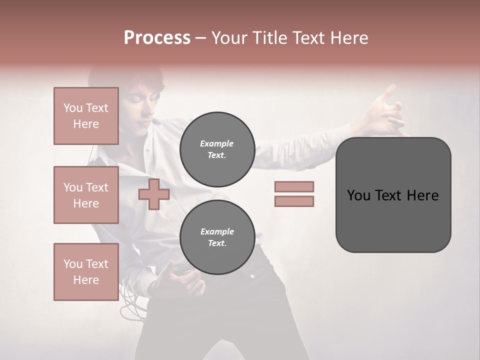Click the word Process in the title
point(157,38)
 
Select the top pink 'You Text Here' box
point(86,116)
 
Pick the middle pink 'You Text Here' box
point(86,195)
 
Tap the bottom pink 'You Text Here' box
point(86,272)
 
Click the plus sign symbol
point(154,194)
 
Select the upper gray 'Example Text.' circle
point(217,149)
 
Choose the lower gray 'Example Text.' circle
point(217,237)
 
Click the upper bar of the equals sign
point(294,187)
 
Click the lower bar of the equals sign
point(294,201)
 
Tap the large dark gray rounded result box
point(393,195)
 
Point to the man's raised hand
point(387,111)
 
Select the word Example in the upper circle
point(216,143)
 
